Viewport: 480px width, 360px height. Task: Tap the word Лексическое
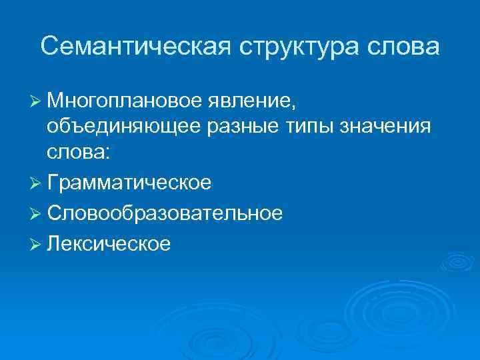tap(109, 243)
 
